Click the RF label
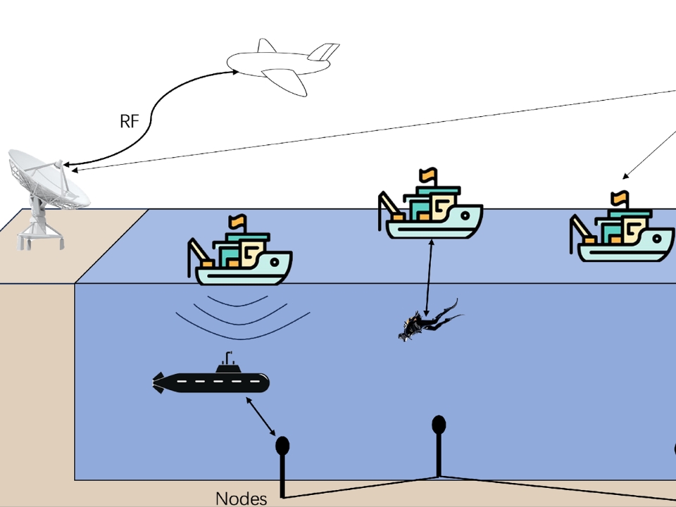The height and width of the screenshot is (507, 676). (x=129, y=121)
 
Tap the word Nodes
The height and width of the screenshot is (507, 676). (x=242, y=499)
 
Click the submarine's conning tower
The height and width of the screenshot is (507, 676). (x=227, y=365)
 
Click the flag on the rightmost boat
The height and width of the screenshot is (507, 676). (x=620, y=197)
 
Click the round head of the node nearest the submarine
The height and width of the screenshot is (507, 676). (x=282, y=445)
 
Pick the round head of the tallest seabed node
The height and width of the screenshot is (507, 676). (x=439, y=424)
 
